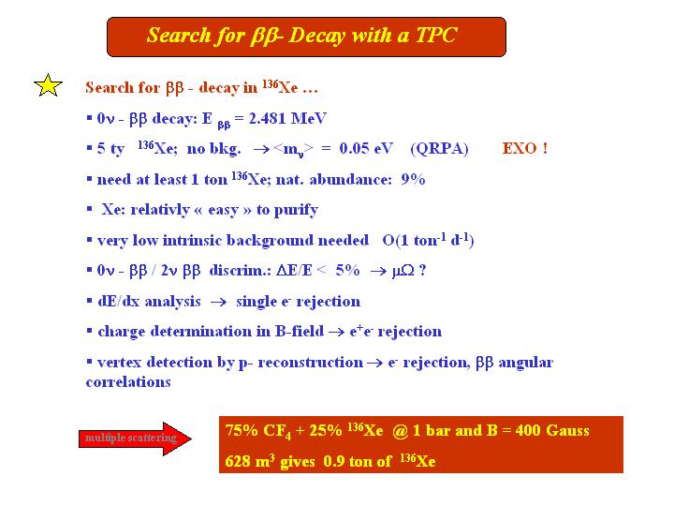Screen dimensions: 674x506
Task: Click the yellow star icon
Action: point(48,85)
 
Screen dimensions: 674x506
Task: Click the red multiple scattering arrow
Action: point(135,439)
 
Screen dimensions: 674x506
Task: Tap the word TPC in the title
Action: point(435,35)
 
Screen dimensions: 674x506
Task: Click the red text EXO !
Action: point(525,148)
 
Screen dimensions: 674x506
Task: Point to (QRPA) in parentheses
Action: point(439,149)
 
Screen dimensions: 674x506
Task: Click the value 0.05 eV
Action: point(366,148)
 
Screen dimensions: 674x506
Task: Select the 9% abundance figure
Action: point(413,179)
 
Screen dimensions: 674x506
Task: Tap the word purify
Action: point(296,211)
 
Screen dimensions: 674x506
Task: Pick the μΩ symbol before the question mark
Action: point(403,271)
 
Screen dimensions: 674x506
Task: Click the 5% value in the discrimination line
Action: point(347,270)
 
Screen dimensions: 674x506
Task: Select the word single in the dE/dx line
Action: point(256,302)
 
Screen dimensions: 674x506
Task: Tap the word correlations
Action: point(128,381)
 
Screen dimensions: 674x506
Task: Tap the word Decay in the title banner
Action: point(316,36)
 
